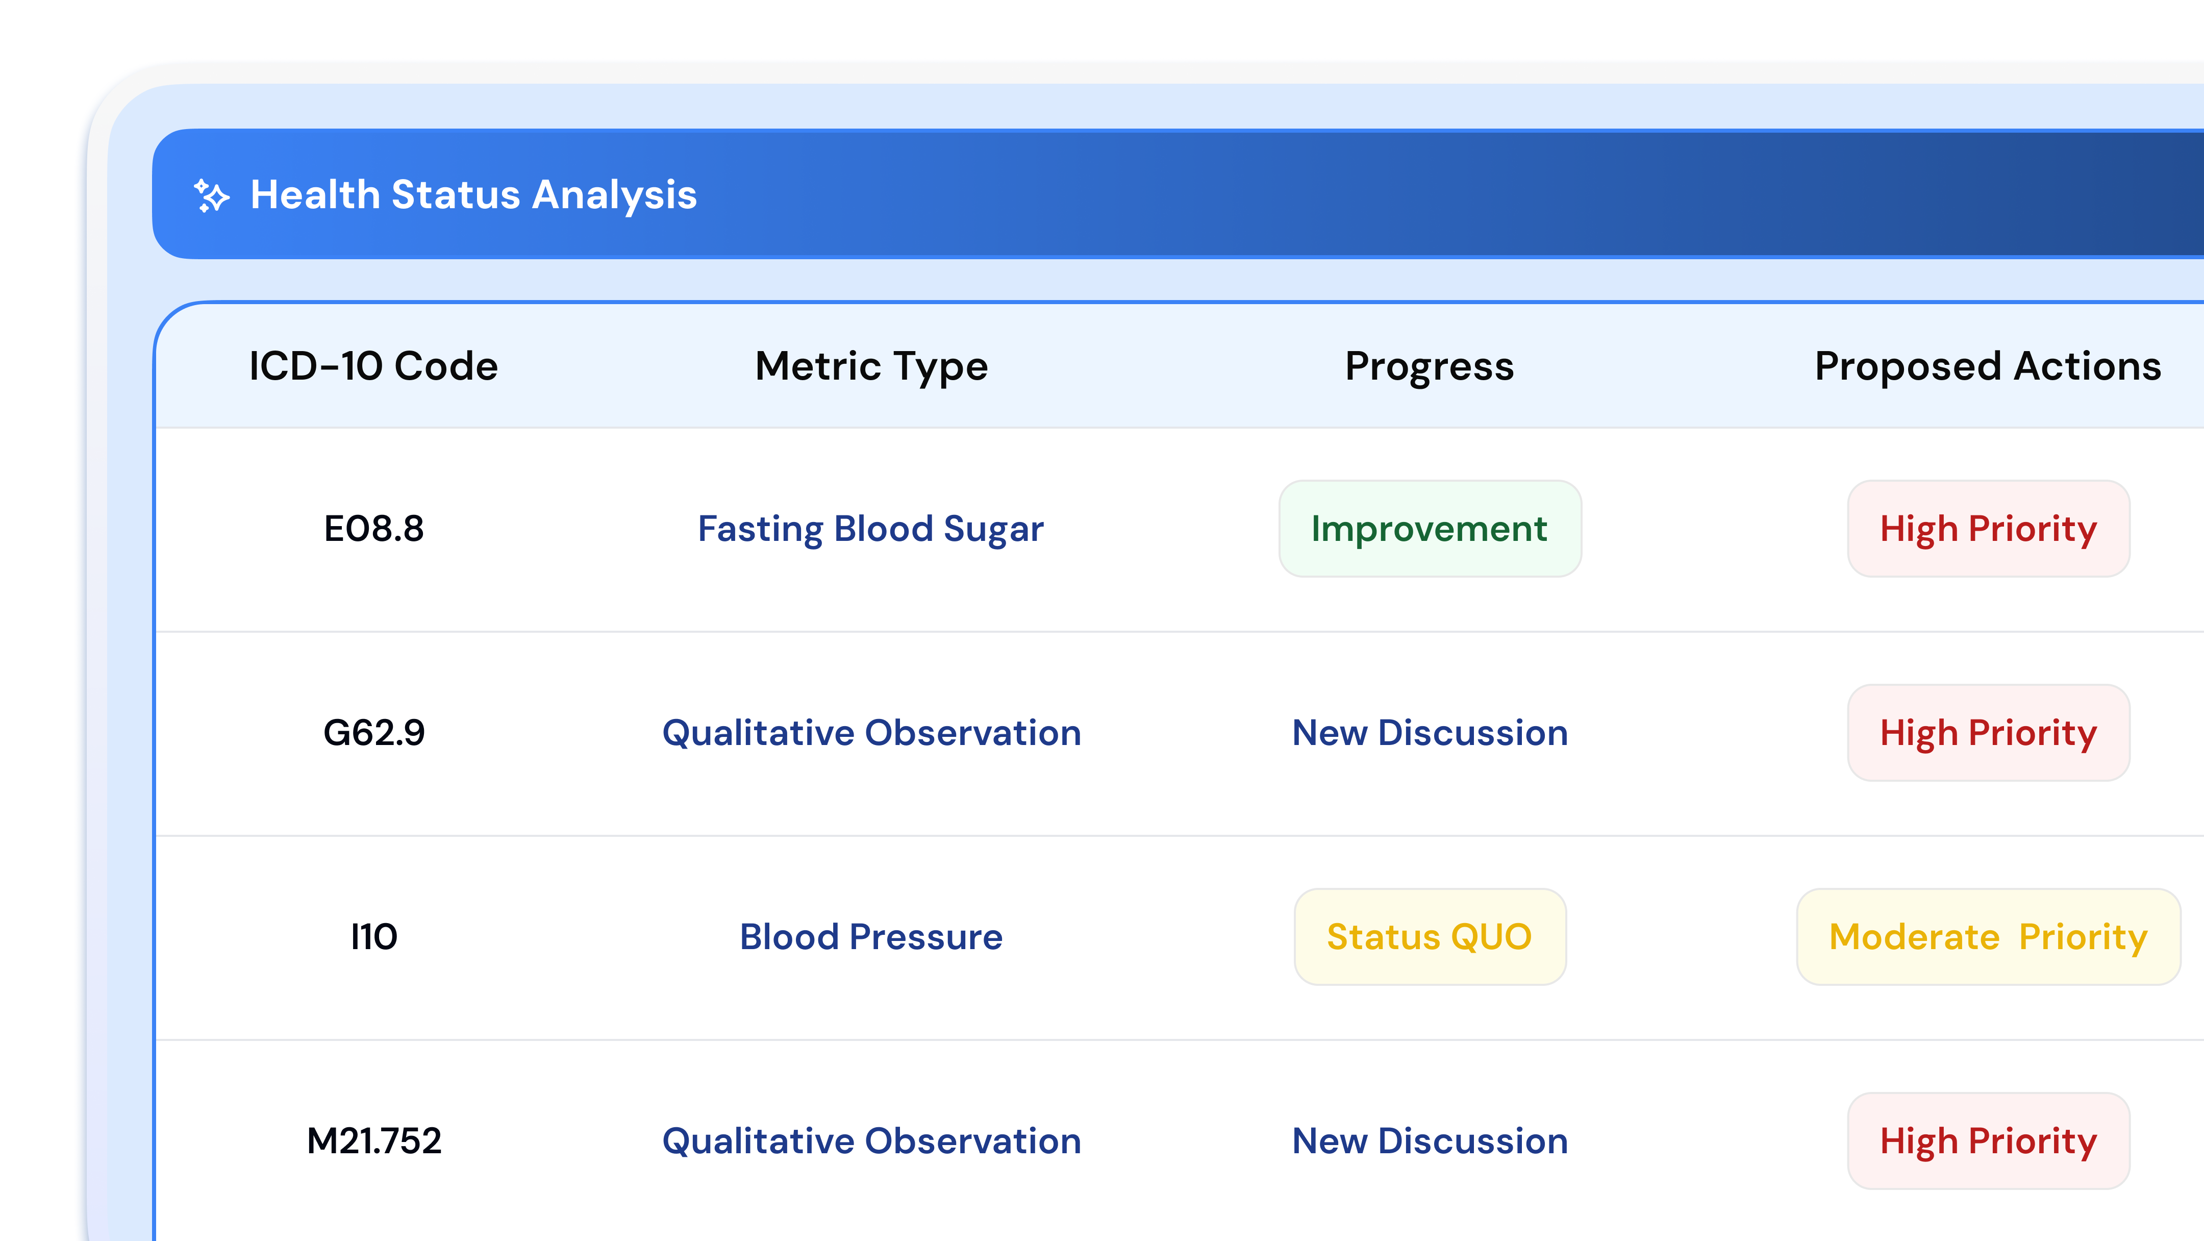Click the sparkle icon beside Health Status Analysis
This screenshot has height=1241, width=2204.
(211, 195)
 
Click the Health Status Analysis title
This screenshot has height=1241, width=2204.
(473, 195)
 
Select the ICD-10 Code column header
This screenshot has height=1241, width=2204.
(373, 366)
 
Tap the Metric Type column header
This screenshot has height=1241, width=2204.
(871, 366)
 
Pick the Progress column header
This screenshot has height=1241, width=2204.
(1429, 366)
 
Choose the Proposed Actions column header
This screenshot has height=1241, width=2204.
(1988, 366)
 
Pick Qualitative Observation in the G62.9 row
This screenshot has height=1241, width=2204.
(871, 733)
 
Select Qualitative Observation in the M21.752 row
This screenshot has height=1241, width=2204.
(871, 1141)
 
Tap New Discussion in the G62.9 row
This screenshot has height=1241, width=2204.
(1430, 733)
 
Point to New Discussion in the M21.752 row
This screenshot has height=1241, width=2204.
(1430, 1141)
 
